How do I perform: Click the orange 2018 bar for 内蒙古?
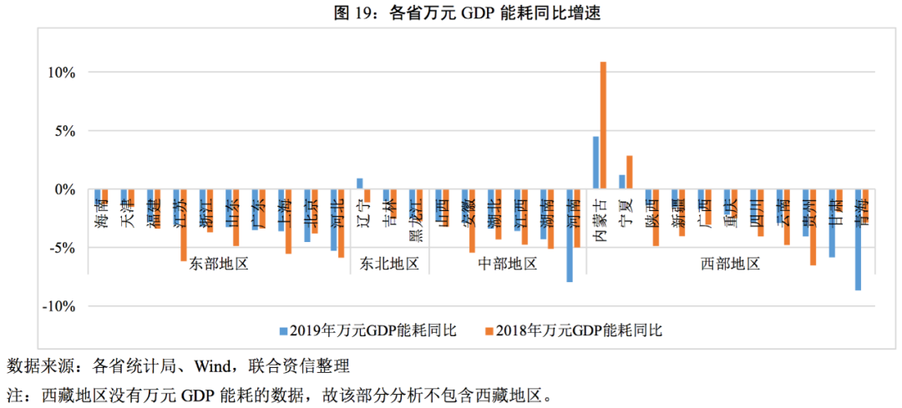point(603,125)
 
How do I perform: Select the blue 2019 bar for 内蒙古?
point(595,163)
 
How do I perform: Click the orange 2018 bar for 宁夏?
point(630,173)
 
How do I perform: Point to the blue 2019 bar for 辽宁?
point(360,184)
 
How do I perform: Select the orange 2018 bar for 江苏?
point(184,225)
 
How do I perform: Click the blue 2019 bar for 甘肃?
point(832,223)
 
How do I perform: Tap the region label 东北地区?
point(388,264)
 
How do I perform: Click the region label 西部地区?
point(729,264)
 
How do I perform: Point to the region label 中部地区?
point(507,264)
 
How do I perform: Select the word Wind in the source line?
point(215,365)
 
